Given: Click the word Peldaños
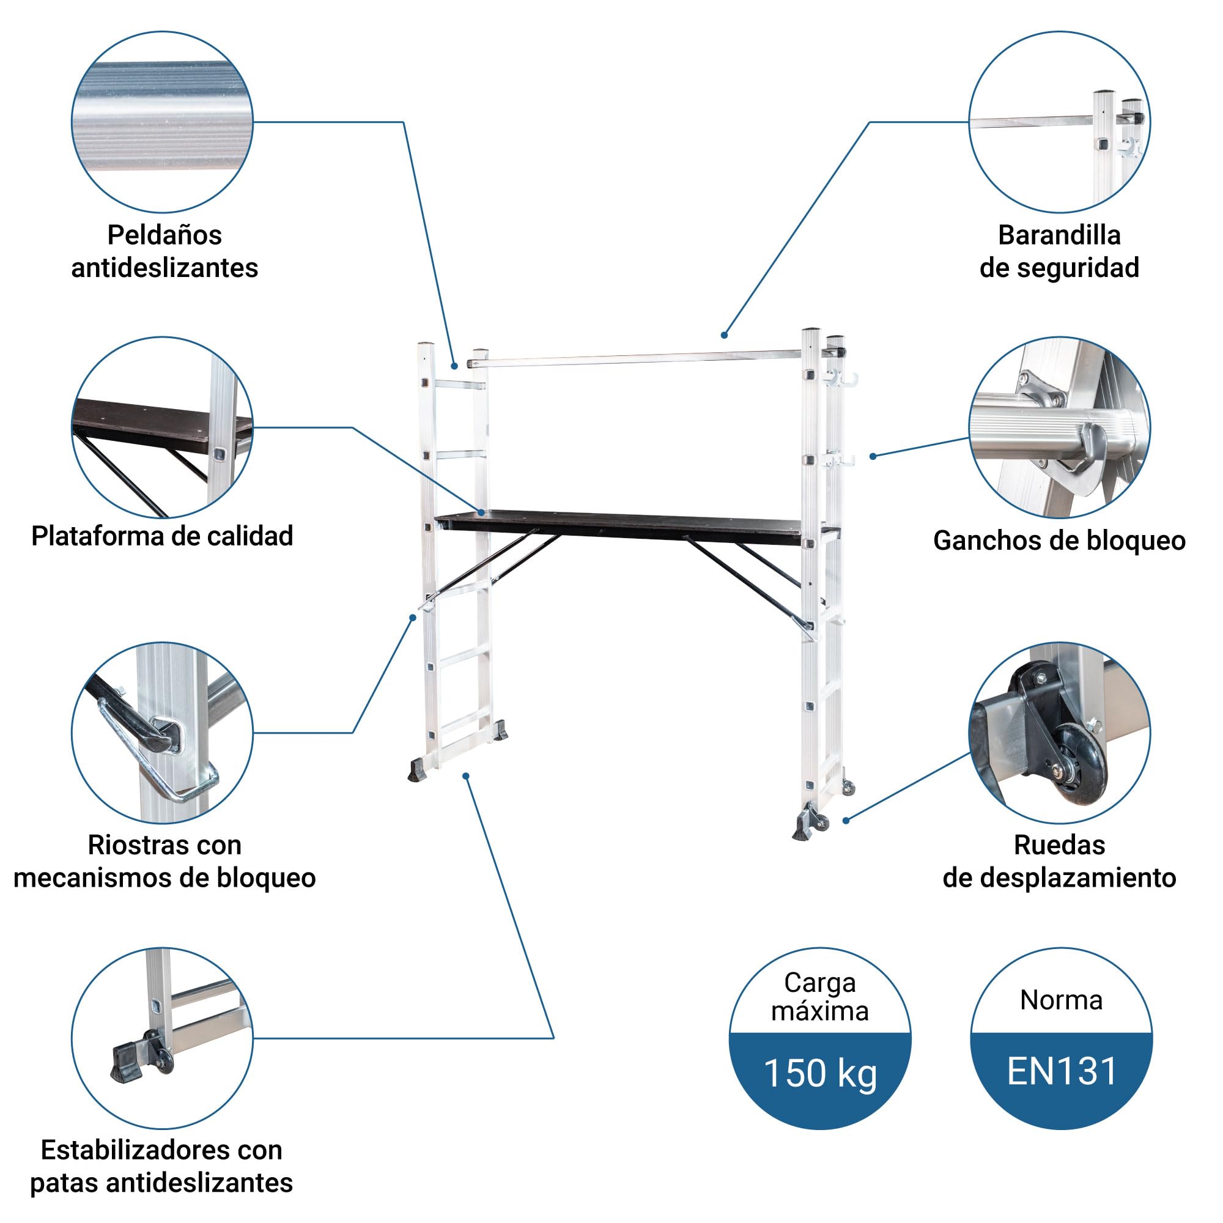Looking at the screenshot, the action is coord(164,235).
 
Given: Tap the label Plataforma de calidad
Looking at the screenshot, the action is coord(162,536).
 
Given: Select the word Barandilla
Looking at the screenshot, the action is coord(1059,235).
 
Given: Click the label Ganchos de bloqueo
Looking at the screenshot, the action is coord(1059,541).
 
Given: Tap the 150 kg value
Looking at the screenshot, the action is coord(820,1074).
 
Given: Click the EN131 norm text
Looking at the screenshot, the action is coord(1062,1071).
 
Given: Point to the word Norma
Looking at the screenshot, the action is coord(1062,1000).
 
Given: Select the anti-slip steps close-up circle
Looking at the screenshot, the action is coord(162,122).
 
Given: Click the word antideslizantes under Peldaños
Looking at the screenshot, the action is coord(164,268).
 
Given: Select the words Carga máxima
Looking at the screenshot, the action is coord(820,997).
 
